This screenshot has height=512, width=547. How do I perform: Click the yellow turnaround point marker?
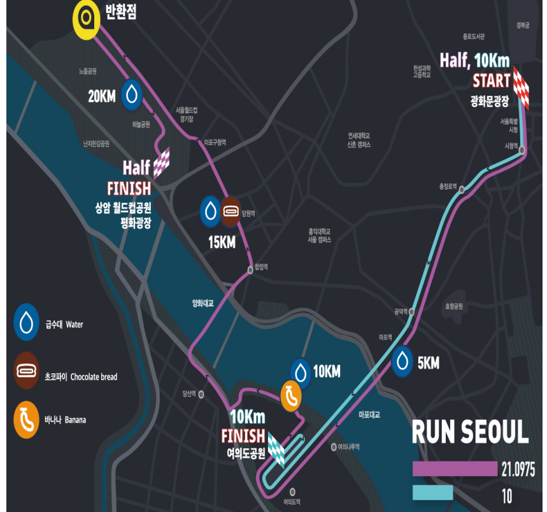(87, 18)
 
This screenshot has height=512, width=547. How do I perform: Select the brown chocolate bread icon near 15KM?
(231, 212)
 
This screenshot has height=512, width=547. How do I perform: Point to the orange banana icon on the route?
(291, 396)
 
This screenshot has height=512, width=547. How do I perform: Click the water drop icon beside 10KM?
(301, 371)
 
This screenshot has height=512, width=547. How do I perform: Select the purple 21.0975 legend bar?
(454, 469)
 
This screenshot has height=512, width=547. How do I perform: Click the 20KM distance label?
(102, 97)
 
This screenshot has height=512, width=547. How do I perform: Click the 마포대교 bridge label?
(369, 415)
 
